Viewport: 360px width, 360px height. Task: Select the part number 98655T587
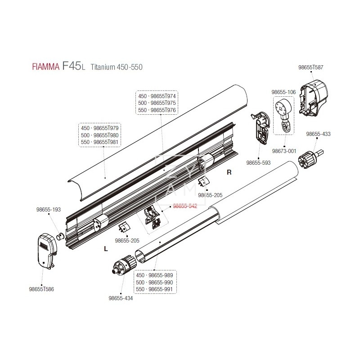click(x=310, y=67)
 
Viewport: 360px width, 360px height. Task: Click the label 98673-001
click(x=284, y=151)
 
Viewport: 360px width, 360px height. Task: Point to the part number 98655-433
click(x=318, y=134)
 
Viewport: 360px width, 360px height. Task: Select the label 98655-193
click(x=48, y=210)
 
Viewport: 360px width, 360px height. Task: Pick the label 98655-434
click(x=121, y=298)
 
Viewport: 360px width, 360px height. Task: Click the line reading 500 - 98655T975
click(x=157, y=103)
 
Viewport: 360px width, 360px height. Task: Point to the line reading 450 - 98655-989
click(x=154, y=275)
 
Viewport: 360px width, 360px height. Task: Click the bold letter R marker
click(x=229, y=172)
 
